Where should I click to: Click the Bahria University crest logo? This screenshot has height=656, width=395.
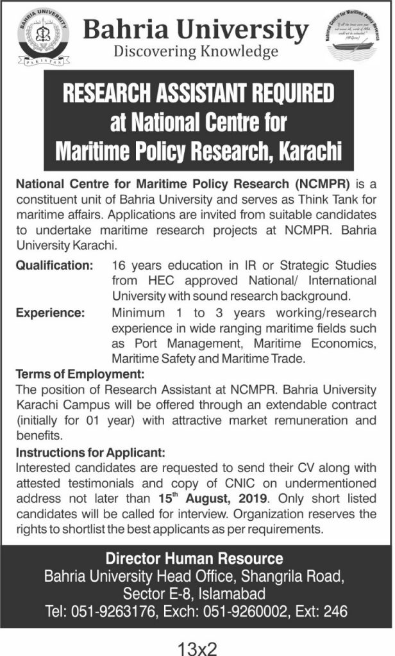(x=43, y=38)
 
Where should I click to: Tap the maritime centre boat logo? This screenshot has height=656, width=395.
(x=351, y=38)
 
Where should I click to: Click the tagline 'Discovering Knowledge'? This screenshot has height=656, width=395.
(x=196, y=51)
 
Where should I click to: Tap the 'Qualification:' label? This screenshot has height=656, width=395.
(x=55, y=265)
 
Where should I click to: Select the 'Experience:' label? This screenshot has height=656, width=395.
(x=49, y=313)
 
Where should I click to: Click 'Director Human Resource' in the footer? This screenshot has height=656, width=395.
(x=195, y=558)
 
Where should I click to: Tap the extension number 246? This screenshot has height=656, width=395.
(x=334, y=612)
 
